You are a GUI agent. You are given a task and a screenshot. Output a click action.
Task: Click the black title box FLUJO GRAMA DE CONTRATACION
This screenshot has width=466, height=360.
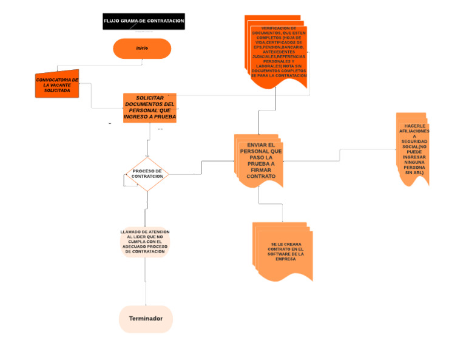coord(144,21)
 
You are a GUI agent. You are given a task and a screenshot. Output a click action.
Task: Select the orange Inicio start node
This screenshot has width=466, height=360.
coord(142,48)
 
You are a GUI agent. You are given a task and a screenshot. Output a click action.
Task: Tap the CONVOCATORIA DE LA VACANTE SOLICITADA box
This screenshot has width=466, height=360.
coord(57,85)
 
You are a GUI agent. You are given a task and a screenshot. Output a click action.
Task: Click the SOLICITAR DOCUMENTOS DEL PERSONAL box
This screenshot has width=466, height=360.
coord(149,107)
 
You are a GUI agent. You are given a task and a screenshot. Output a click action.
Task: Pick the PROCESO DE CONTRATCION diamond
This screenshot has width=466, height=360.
coord(147,174)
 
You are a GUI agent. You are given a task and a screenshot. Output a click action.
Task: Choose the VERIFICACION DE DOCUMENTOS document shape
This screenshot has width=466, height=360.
coord(279,52)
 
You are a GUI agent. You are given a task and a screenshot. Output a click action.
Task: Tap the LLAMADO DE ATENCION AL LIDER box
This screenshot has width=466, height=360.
coord(145,242)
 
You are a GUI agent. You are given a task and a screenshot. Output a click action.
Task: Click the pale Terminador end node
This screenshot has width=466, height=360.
coord(146,319)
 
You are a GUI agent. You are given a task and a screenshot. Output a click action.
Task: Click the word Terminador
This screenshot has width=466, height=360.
coord(146,319)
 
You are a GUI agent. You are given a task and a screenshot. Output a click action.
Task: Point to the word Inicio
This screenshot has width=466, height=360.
coord(142,48)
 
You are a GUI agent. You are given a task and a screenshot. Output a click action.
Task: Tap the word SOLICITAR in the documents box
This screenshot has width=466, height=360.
coord(150,98)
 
